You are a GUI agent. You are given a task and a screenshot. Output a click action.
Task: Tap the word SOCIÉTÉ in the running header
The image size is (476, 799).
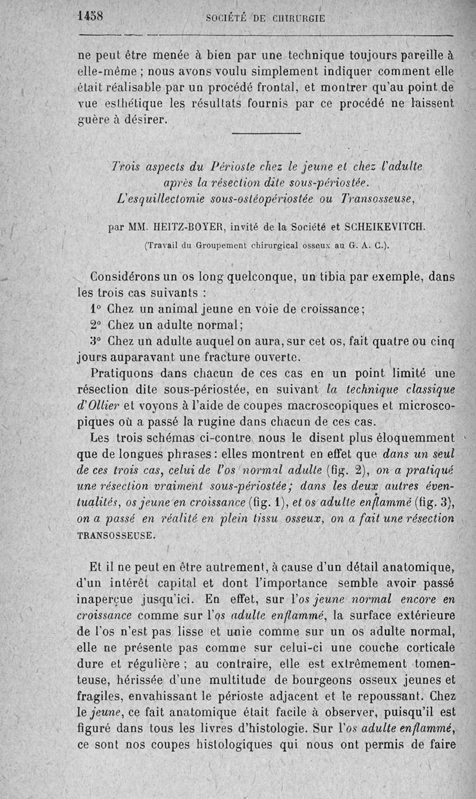point(227,18)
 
